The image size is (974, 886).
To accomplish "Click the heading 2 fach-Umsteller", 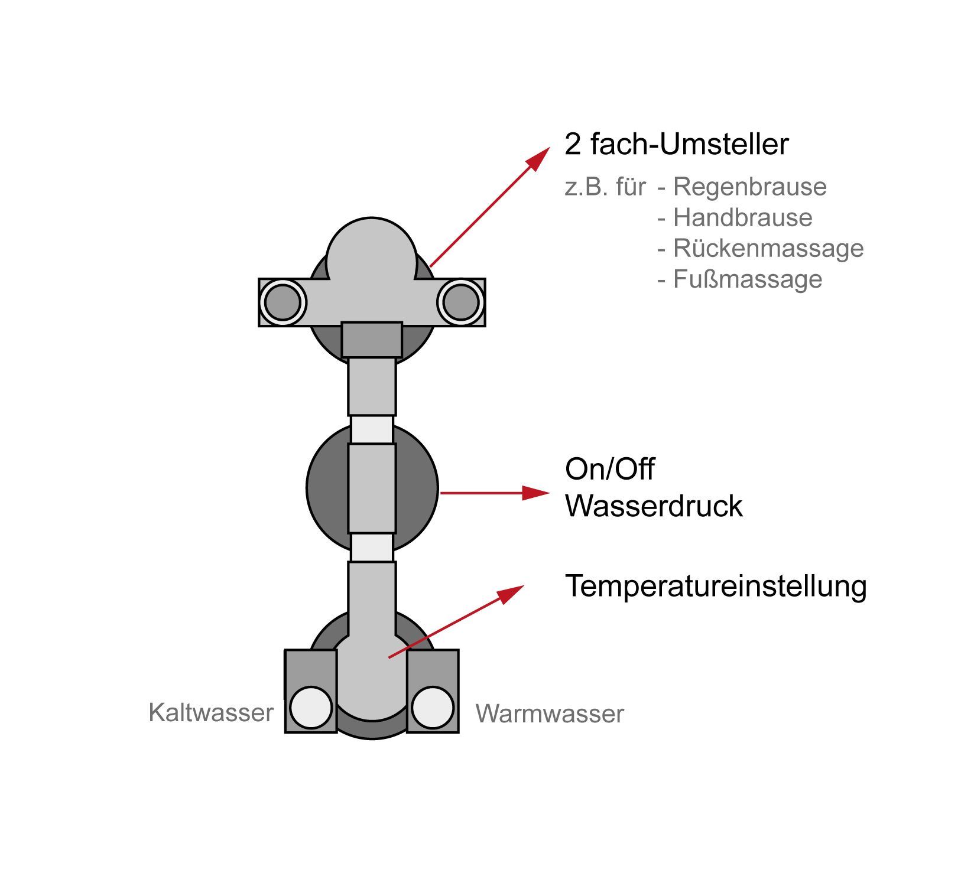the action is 677,144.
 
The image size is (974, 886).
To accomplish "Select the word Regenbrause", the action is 750,187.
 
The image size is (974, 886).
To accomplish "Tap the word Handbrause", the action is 743,217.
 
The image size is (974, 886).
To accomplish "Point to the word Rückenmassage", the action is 768,248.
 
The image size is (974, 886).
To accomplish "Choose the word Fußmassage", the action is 748,279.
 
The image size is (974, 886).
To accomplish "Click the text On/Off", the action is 610,469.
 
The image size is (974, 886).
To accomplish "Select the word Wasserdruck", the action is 654,506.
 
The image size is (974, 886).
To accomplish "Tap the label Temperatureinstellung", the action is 716,587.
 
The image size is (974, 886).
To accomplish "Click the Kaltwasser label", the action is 211,712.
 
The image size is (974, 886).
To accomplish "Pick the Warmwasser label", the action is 550,714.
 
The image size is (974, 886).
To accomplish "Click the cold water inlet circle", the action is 311,708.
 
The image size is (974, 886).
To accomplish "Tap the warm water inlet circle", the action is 433,708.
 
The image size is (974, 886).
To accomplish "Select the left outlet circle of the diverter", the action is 283,302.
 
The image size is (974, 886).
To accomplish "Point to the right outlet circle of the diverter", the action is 461,302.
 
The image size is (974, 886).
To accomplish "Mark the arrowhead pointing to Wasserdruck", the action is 537,493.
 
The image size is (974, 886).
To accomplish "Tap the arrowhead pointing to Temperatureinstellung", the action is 511,594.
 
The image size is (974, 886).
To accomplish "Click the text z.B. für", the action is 605,187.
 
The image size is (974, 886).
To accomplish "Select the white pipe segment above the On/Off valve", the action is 372,429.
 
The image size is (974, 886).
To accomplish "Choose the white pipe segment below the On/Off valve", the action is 372,548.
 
